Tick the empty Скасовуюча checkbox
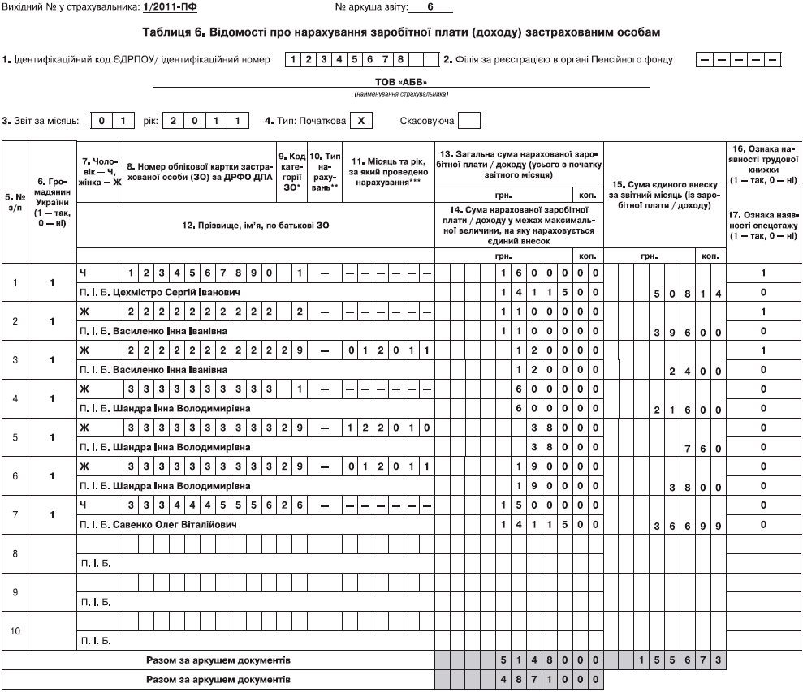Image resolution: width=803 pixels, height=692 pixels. coord(468,121)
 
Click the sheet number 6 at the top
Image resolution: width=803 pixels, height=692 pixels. coord(430,6)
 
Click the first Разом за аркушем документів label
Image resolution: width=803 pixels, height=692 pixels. coord(218,660)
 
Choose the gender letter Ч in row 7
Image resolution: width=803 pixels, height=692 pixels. coord(82,505)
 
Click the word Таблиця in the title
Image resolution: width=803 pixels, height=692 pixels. coord(168,32)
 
